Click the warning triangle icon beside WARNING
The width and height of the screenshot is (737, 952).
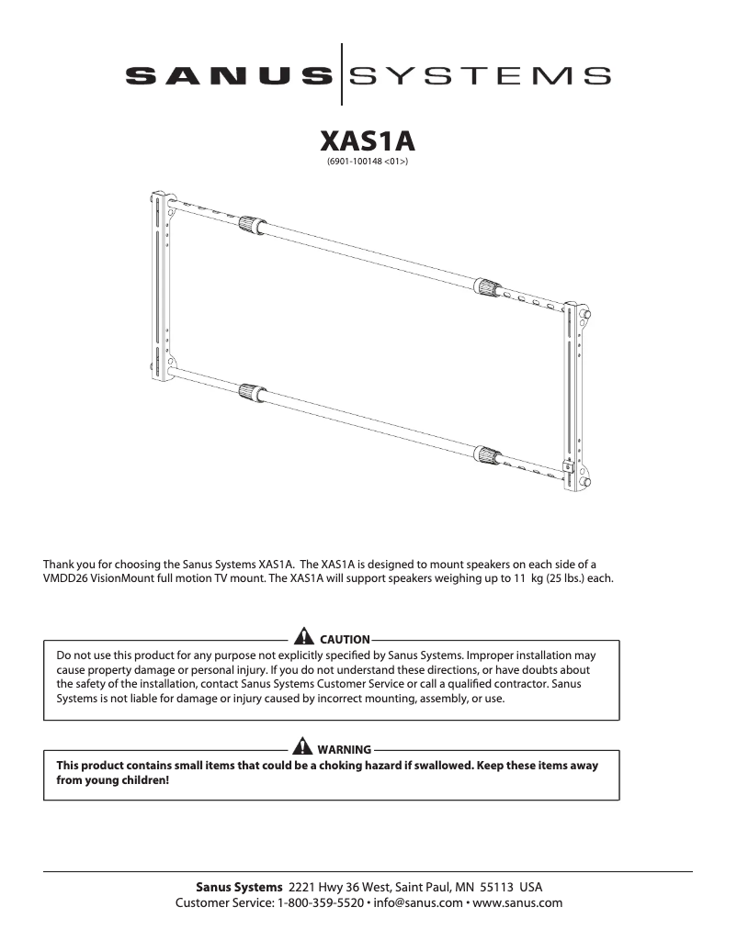tap(300, 748)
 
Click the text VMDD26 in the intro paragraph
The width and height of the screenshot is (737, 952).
tap(67, 580)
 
